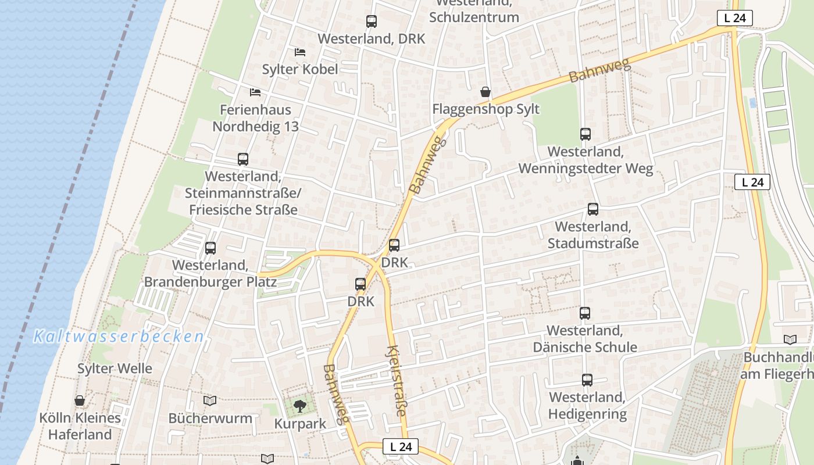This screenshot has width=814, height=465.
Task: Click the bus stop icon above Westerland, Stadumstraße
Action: pos(592,209)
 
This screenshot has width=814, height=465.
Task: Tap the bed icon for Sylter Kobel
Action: pos(300,52)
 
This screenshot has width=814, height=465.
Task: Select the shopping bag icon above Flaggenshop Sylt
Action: pos(485,92)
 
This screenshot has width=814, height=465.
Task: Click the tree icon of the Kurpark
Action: pos(300,406)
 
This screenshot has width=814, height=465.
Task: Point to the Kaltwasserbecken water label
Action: pos(119,337)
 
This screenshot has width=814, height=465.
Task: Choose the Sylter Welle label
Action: pos(115,369)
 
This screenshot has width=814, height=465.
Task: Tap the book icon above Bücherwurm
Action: pos(210,400)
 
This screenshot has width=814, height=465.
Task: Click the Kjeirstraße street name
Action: pos(396,381)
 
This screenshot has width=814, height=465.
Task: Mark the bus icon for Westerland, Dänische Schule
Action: pos(585,313)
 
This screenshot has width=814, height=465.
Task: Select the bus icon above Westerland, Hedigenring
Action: pos(587,380)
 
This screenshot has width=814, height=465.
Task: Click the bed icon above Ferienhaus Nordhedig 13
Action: pos(255,92)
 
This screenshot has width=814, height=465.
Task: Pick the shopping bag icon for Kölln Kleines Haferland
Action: pos(80,400)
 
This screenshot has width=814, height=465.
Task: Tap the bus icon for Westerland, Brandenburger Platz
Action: pos(210,248)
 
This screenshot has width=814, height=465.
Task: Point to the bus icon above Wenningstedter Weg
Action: pos(585,134)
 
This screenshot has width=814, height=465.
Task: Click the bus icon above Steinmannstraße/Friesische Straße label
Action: pos(243,159)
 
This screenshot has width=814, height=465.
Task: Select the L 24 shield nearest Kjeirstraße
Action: pos(401,446)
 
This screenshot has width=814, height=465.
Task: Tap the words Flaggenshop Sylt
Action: pos(485,109)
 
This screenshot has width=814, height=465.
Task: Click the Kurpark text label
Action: pos(300,424)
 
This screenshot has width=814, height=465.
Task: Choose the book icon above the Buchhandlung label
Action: pos(790,340)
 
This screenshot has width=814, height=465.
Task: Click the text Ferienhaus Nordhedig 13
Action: pos(255,118)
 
